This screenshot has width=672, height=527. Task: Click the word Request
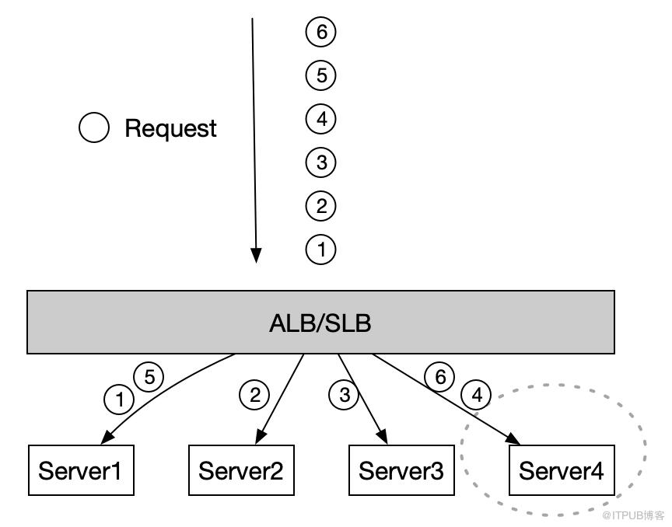click(x=170, y=128)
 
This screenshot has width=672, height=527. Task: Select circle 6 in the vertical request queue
click(x=320, y=32)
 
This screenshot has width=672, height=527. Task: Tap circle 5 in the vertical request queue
click(x=320, y=75)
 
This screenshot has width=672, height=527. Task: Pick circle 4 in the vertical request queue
click(x=320, y=119)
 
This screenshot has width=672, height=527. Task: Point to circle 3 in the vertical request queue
click(x=320, y=162)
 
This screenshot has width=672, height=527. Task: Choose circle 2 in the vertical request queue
click(x=320, y=206)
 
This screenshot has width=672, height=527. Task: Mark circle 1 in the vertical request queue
click(x=320, y=250)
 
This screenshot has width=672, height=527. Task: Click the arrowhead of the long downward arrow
click(x=256, y=256)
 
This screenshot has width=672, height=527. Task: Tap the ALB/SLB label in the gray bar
click(x=320, y=323)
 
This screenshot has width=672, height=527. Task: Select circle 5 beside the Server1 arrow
click(x=149, y=378)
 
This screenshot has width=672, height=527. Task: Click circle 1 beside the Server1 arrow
click(x=119, y=400)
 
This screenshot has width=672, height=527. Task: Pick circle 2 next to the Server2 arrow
click(x=254, y=395)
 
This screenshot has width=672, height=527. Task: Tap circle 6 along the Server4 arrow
click(x=439, y=378)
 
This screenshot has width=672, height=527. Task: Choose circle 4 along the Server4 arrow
click(x=476, y=395)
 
